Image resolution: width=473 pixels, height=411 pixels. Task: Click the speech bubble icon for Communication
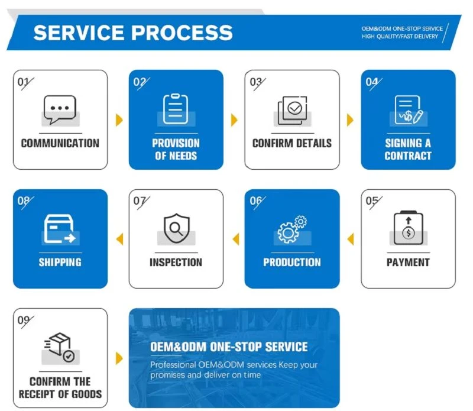click(x=60, y=109)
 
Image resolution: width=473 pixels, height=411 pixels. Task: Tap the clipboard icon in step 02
click(x=176, y=109)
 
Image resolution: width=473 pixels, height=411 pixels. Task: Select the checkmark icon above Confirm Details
click(x=292, y=111)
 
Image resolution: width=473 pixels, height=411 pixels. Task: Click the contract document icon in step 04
click(x=409, y=110)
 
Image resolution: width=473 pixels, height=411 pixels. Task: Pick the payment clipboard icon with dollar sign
click(x=409, y=228)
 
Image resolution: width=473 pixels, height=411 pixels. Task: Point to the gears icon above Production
click(x=292, y=229)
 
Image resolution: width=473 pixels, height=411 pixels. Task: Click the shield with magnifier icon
click(x=176, y=228)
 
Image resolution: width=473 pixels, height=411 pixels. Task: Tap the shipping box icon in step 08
click(x=60, y=229)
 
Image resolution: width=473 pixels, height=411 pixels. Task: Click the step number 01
click(x=23, y=82)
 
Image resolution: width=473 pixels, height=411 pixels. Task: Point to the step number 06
click(x=255, y=200)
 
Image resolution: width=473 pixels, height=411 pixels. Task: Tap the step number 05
click(x=372, y=200)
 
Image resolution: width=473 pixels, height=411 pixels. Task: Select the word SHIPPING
click(x=60, y=262)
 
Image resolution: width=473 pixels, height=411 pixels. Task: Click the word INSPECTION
click(x=176, y=262)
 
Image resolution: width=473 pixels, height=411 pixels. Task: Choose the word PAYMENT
click(x=408, y=262)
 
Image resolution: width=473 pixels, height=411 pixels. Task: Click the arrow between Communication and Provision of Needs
click(x=119, y=120)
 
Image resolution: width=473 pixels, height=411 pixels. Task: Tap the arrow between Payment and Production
click(x=350, y=239)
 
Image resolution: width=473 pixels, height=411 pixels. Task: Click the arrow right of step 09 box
click(x=119, y=358)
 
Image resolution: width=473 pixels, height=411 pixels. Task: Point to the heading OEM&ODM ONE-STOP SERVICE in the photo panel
click(x=229, y=347)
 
